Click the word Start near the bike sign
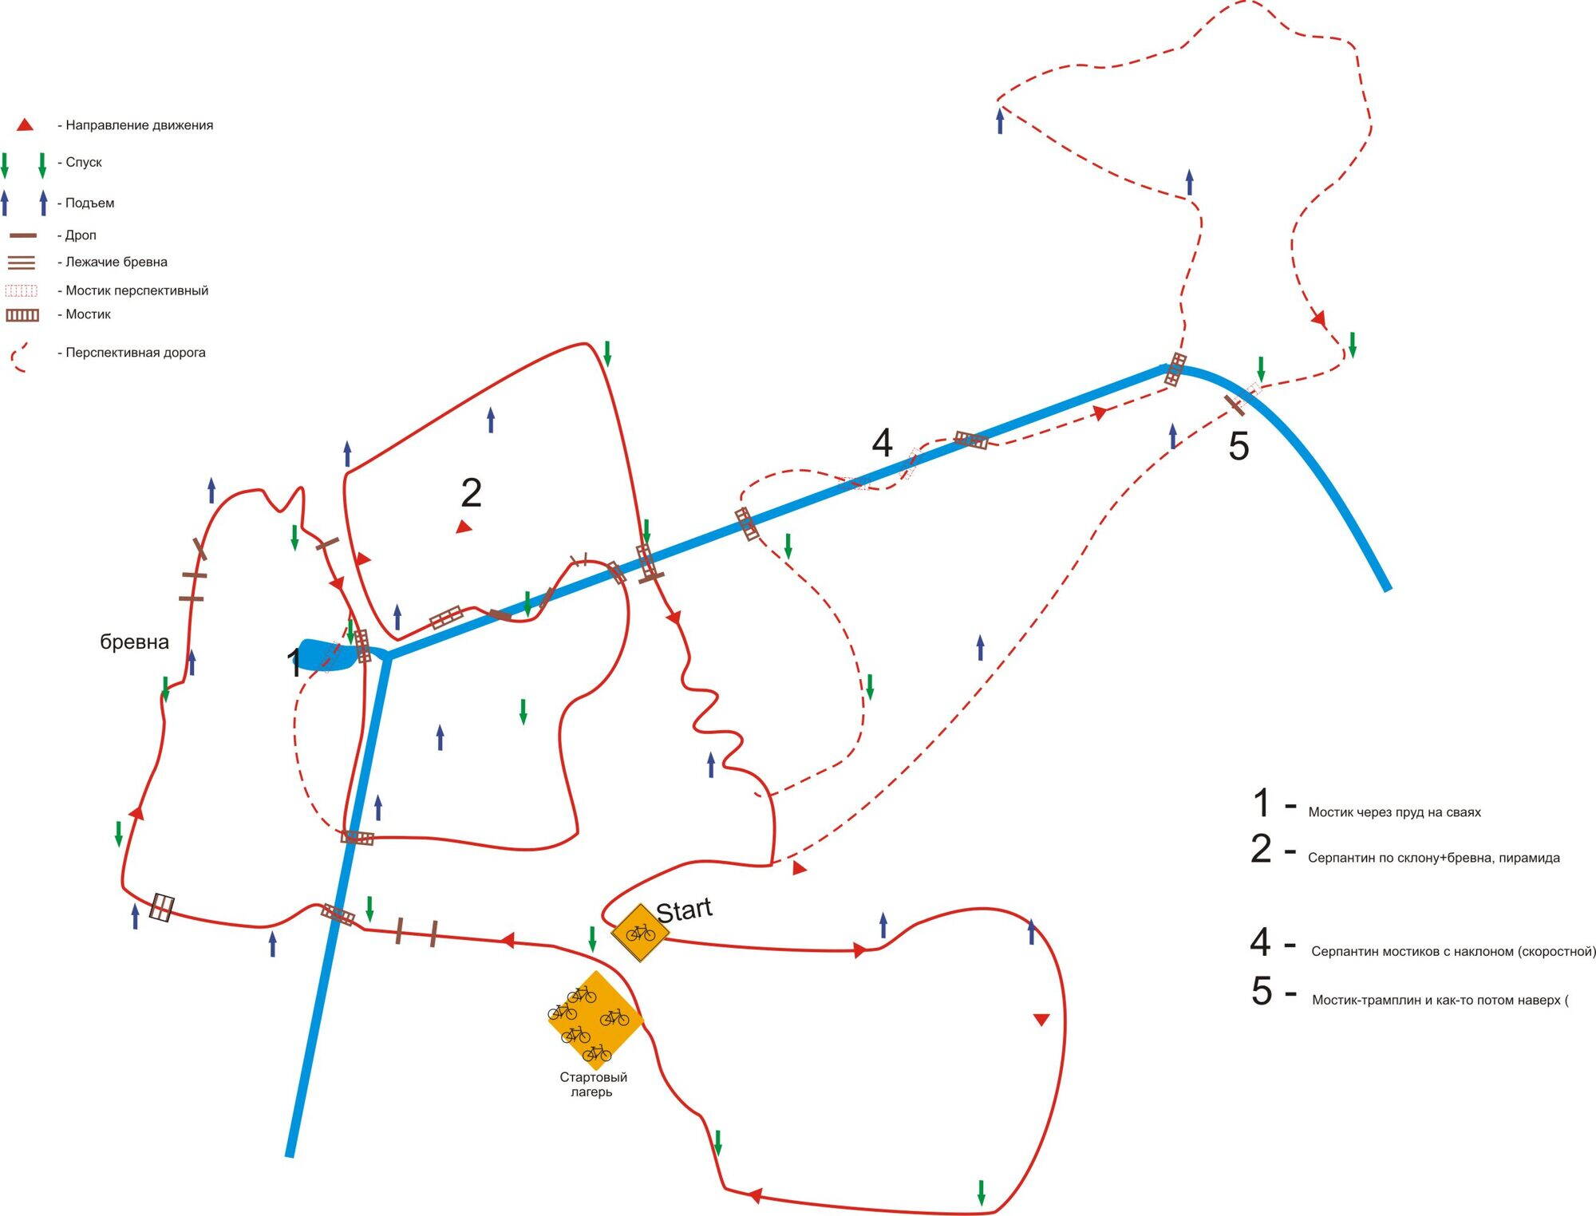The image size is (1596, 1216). pos(684,910)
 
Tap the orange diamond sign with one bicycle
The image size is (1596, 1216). pos(639,932)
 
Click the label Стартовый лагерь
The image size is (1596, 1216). pos(593,1084)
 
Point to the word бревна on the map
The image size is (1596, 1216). pos(134,642)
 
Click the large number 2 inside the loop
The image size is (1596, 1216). pos(471,493)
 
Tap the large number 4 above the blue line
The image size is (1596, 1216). pos(882,444)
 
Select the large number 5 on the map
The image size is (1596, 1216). pos(1238,447)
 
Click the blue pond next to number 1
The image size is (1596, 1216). pos(327,654)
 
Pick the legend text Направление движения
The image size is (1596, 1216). pos(139,125)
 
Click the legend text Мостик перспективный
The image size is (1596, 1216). pos(136,290)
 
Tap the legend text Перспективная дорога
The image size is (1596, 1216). pos(135,353)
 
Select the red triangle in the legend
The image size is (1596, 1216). pos(25,125)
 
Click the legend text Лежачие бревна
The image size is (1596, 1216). pos(116,262)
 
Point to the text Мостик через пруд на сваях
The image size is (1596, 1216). pos(1394,812)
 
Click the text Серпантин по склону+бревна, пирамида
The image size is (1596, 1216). pos(1433,858)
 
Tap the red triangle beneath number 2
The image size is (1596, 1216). pos(464,527)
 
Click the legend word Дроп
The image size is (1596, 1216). pos(81,235)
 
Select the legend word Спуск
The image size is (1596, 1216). pos(83,162)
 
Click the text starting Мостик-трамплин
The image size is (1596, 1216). pos(1440,1000)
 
